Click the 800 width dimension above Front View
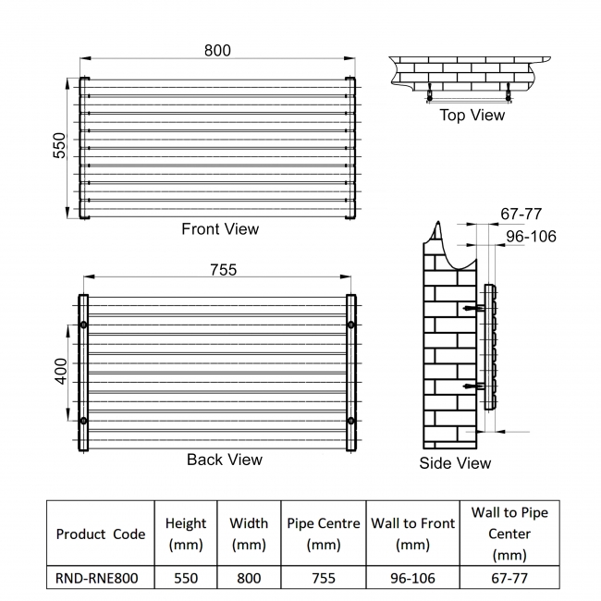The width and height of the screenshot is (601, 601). [217, 50]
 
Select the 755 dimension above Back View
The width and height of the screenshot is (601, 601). [223, 270]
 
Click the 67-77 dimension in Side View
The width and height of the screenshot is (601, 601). [521, 214]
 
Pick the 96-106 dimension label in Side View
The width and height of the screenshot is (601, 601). [531, 237]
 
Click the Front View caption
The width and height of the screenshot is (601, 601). [220, 228]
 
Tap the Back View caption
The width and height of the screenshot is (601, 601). [224, 460]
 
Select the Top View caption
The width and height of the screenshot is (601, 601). [472, 116]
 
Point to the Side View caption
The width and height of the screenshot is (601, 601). [455, 463]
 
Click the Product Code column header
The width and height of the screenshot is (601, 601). [101, 534]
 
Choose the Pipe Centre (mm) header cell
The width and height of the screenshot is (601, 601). [324, 534]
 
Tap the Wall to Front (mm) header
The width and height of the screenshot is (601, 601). [412, 534]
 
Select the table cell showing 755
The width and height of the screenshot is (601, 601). [324, 578]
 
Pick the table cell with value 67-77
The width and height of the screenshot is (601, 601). [508, 578]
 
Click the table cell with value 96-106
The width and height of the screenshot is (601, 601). [412, 578]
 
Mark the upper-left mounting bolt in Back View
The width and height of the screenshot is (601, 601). [84, 325]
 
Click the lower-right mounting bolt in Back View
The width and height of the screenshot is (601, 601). [350, 422]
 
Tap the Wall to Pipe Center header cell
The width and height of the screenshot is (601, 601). [508, 534]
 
